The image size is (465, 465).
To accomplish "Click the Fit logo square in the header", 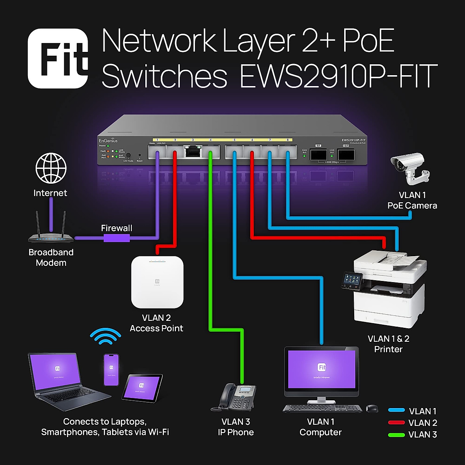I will coord(58,58).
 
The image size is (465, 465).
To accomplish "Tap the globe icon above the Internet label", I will coord(51,168).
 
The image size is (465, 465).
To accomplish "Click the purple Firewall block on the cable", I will coord(117,238).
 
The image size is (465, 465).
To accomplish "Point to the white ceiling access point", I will coord(157,282).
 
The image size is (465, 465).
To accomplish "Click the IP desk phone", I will coord(234,397).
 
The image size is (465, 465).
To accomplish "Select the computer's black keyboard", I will coord(322,408).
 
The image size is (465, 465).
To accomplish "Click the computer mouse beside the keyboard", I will coord(372,408).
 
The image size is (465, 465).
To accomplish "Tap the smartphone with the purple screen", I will coord(111,369).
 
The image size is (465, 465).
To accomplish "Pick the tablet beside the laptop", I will coord(142,388).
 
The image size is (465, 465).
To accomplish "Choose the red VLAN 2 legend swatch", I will coord(396,423).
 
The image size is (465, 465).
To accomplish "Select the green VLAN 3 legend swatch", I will coord(396,434).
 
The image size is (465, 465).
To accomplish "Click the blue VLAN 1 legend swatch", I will coord(396,411).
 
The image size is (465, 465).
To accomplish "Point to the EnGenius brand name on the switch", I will coord(108,141).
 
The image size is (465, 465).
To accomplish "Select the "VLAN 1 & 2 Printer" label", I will coord(388,344).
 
